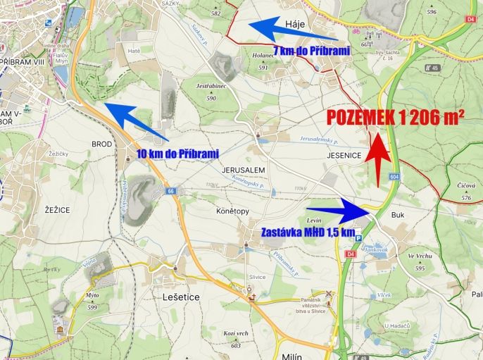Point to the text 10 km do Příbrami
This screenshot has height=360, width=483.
pos(177,153)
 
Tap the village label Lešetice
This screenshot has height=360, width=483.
pos(181,297)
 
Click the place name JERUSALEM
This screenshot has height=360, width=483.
pos(243,170)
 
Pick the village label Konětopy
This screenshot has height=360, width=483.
pos(233,211)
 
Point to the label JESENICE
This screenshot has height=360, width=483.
pos(344,154)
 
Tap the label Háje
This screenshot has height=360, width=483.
pos(294,25)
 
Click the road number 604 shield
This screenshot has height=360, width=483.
pos(394,176)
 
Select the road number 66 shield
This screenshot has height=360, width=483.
pos(171,191)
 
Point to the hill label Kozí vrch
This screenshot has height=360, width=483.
pos(235,333)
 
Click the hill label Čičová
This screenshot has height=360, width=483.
pos(466,188)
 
